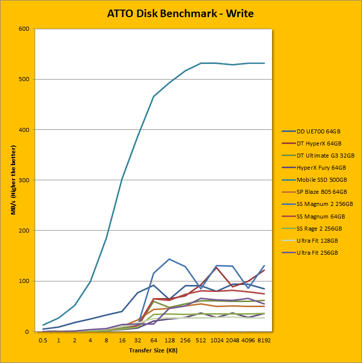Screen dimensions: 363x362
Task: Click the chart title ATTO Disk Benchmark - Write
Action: (x=180, y=14)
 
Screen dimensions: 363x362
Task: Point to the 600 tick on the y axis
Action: (x=25, y=29)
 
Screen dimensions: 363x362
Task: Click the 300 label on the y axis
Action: (x=25, y=180)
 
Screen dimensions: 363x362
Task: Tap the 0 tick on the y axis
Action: (x=28, y=332)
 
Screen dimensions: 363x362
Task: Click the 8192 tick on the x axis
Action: (x=264, y=340)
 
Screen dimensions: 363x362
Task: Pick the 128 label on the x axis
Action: (x=169, y=340)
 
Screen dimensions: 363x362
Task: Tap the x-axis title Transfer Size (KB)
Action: (x=153, y=350)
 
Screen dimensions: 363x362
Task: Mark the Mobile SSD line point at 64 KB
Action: (x=153, y=96)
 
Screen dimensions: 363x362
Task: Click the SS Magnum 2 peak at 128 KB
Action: (x=169, y=259)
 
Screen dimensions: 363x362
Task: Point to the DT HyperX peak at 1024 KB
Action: (x=217, y=267)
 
